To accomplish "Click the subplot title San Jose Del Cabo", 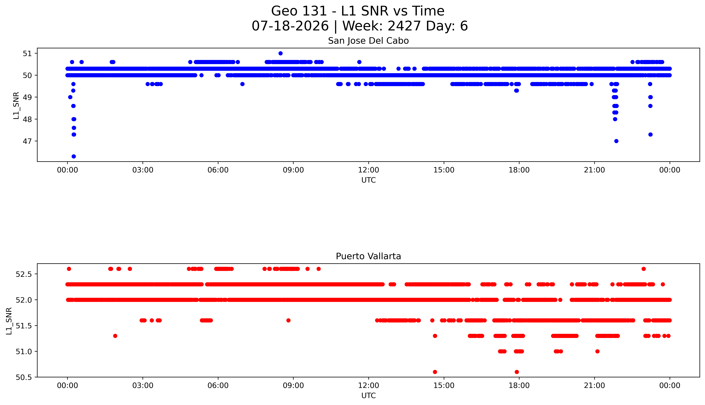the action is coord(368,41).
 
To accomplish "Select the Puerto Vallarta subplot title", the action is coord(368,256).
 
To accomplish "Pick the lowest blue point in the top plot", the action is coord(74,156).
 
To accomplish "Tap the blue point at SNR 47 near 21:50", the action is coord(616,141).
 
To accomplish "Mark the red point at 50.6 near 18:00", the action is coord(517,372).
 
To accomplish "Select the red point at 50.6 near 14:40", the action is coord(435,372).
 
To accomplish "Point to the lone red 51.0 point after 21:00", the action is coord(597,351).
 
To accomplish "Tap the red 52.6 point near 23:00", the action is coord(644,269).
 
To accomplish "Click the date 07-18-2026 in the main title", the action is coord(290,26).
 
